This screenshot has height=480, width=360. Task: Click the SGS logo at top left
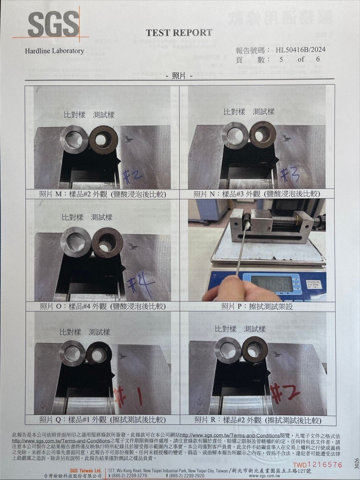[x=53, y=25]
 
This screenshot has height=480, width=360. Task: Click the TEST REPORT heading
[x=179, y=33]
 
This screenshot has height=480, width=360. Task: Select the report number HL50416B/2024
[x=300, y=50]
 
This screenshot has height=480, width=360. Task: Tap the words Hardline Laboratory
[x=54, y=51]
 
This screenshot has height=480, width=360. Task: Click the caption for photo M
[x=102, y=194]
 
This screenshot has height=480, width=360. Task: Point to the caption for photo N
[x=257, y=194]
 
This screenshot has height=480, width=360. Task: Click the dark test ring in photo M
[x=103, y=140]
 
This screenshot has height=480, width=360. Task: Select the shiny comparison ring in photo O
[x=76, y=242]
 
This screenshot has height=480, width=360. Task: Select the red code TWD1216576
[x=317, y=465]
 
